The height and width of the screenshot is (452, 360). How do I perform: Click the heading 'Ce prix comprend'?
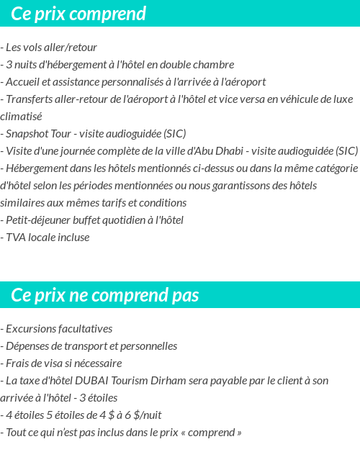pyautogui.click(x=78, y=14)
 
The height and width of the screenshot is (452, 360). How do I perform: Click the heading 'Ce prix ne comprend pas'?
pyautogui.click(x=105, y=295)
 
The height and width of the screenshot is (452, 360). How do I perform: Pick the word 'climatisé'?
pyautogui.click(x=22, y=117)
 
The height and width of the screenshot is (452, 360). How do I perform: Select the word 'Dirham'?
pyautogui.click(x=167, y=381)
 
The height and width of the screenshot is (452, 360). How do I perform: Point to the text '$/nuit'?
pyautogui.click(x=147, y=415)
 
